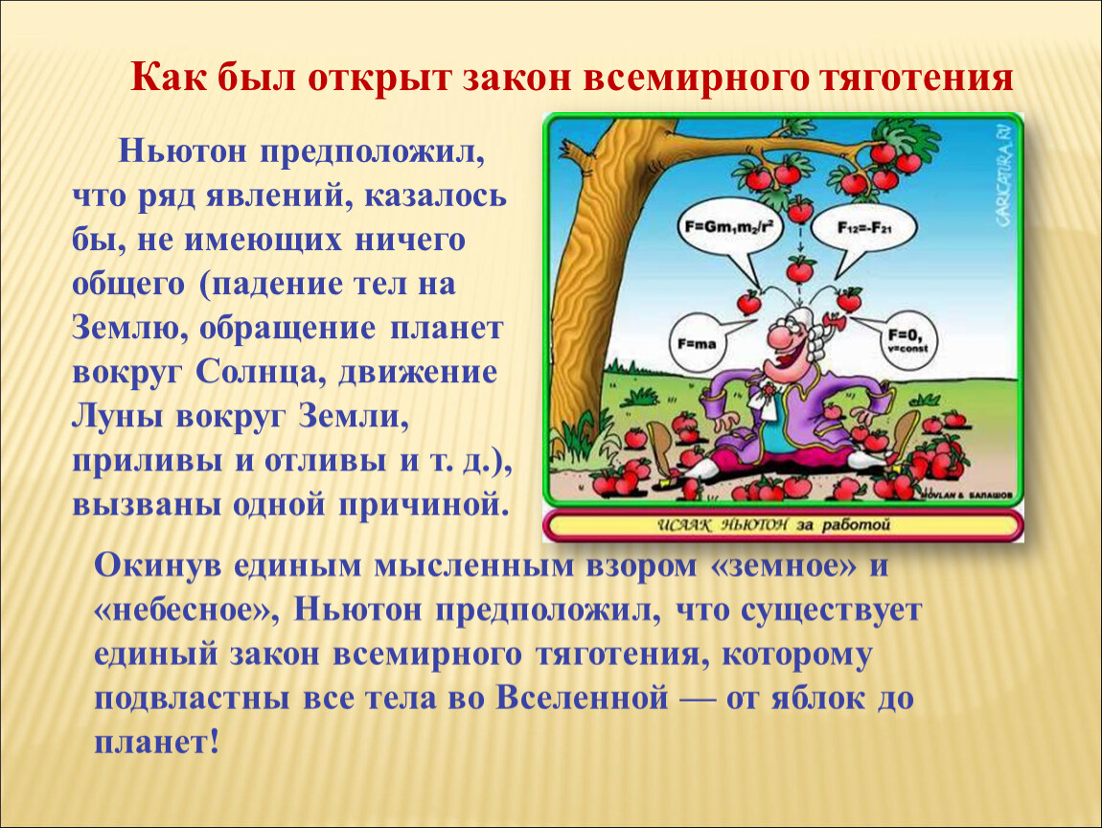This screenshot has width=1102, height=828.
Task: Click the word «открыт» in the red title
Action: pos(379,79)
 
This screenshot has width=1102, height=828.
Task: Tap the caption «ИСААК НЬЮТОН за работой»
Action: pos(773,525)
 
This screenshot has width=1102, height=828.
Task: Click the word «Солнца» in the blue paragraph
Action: pos(257,373)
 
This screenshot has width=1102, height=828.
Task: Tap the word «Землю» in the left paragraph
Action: pos(126,329)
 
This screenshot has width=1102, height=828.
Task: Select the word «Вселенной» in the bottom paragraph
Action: pos(583,698)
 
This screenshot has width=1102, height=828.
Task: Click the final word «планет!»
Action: pos(157,743)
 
